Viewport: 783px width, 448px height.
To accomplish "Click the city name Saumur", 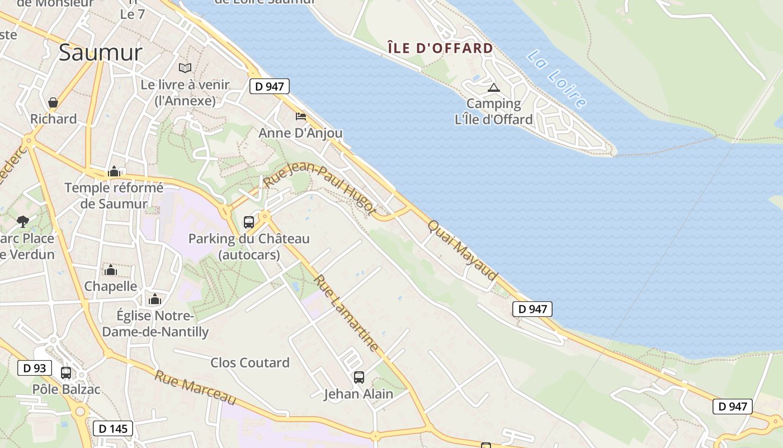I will point(101,53).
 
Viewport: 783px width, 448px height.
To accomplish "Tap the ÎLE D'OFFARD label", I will point(440,48).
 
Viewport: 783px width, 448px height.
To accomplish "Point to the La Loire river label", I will point(557,79).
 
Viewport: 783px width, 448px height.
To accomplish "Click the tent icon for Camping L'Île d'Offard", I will point(493,87).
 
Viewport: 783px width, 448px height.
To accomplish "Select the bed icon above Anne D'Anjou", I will point(301,116).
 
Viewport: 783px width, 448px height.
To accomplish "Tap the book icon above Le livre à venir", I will point(185,68).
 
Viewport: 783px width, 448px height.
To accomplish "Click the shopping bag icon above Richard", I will point(53,102).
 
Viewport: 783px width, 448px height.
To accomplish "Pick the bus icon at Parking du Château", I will point(249,222).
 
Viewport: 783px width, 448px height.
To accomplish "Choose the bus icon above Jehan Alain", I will point(359,377).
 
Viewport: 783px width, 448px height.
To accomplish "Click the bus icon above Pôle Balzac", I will point(66,372).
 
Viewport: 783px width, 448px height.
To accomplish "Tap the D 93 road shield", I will point(35,368).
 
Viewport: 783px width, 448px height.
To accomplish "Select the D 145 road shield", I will point(113,429).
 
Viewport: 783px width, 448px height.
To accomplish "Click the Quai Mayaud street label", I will point(463,250).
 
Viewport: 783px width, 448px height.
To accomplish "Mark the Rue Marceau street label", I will point(195,388).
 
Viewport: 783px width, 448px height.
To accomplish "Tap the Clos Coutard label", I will point(250,363).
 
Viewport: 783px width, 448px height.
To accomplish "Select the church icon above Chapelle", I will point(111,270).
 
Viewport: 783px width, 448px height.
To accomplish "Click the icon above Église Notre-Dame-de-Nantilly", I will point(155,299).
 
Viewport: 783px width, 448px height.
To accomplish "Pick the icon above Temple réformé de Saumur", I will point(114,171).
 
